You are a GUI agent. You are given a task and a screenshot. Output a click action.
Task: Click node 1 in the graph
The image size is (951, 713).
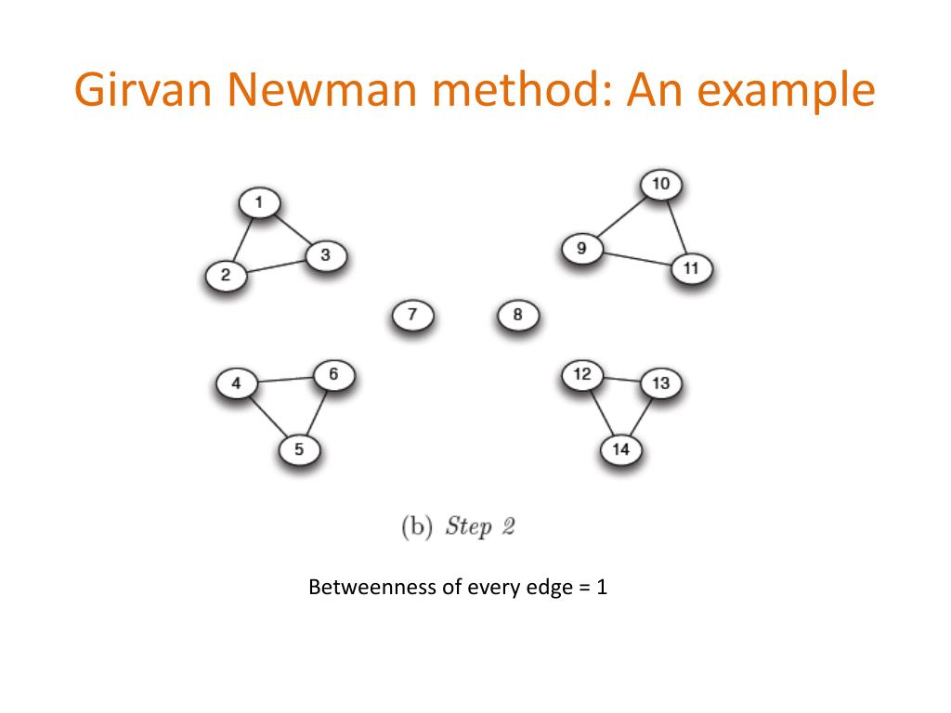click(259, 202)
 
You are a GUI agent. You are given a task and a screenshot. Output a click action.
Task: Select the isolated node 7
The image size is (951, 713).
click(413, 315)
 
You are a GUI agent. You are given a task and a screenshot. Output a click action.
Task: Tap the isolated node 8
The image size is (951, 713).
click(517, 315)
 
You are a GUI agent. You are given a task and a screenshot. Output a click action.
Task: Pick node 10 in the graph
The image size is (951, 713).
click(660, 184)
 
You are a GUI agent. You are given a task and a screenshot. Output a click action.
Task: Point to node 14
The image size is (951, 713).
click(621, 450)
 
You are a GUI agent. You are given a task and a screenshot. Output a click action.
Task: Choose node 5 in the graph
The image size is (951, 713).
click(299, 449)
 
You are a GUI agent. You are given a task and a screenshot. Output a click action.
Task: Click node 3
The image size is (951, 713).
click(325, 254)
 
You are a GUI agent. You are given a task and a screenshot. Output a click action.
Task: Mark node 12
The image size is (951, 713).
click(582, 375)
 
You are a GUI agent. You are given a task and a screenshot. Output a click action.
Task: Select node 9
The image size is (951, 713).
click(581, 248)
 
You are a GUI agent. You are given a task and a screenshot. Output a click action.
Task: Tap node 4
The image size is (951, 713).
click(236, 382)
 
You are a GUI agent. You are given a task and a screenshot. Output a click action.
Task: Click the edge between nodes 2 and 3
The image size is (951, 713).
click(276, 266)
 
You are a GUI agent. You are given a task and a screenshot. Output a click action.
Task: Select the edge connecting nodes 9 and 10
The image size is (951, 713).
click(621, 216)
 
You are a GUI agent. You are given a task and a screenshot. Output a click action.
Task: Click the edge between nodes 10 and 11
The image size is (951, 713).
click(676, 226)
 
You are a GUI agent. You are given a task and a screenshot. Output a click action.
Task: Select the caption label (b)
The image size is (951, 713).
click(417, 526)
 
